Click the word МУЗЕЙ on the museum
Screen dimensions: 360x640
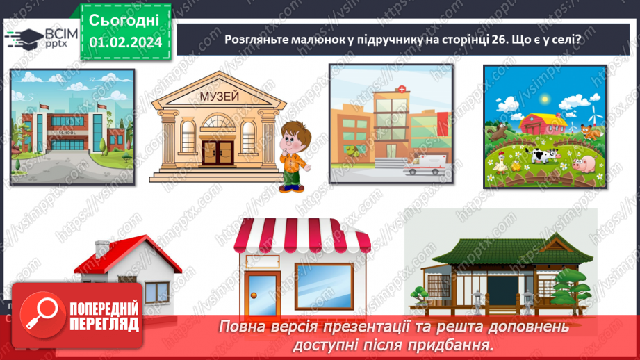tap(218, 97)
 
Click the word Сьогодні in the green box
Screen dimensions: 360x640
tap(125, 19)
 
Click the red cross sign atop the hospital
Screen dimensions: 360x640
tap(402, 90)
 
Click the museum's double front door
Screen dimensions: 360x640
tap(218, 152)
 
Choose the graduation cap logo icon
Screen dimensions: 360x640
tap(26, 38)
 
